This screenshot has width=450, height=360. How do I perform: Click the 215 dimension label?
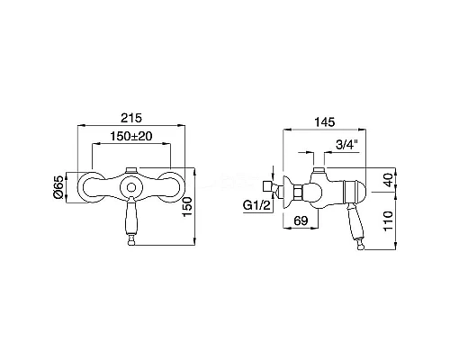[131, 118]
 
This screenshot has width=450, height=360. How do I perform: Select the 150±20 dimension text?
[131, 136]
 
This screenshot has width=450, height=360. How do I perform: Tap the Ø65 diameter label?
[58, 187]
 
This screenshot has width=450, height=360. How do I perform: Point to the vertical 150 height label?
[187, 207]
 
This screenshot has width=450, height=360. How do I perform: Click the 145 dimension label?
[325, 122]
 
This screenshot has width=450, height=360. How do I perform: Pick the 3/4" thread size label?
[347, 145]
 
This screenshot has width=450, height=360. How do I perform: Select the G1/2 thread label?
[256, 205]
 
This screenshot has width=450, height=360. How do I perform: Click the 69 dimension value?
[301, 220]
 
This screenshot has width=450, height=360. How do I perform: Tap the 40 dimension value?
[389, 180]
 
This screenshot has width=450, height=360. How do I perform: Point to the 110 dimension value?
[389, 220]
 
